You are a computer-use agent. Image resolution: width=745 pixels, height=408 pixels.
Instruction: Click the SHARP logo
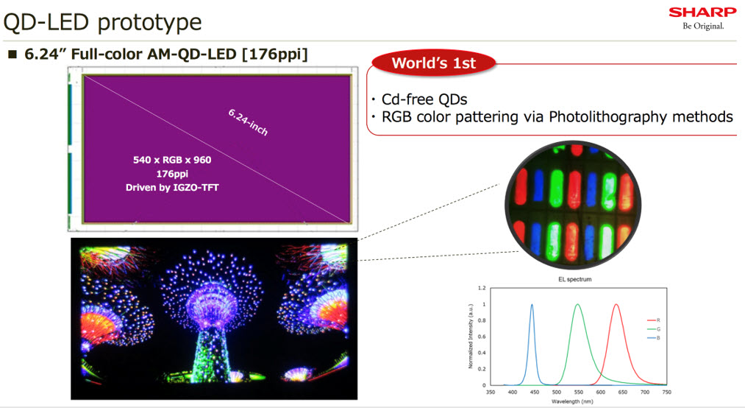(702, 12)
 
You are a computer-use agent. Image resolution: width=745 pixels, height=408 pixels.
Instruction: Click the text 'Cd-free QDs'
(423, 99)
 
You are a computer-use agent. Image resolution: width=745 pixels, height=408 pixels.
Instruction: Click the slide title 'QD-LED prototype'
(102, 21)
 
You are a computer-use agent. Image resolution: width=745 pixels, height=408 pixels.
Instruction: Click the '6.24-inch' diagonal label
(248, 122)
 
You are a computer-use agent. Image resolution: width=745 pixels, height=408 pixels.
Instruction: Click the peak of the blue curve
(532, 304)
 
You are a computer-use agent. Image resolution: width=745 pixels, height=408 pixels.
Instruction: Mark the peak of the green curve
(577, 304)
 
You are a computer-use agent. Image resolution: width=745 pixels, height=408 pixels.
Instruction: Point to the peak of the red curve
(616, 304)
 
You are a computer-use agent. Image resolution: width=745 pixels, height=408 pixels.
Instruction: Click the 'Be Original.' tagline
(703, 26)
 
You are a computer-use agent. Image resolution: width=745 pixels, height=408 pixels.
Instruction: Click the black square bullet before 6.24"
(12, 55)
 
